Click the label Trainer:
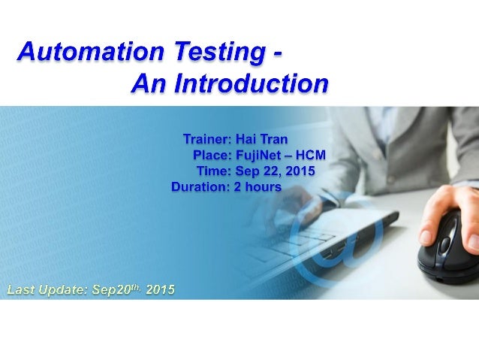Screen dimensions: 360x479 207,139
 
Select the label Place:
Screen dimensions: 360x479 213,155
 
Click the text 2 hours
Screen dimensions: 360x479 258,186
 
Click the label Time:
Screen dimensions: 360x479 217,171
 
